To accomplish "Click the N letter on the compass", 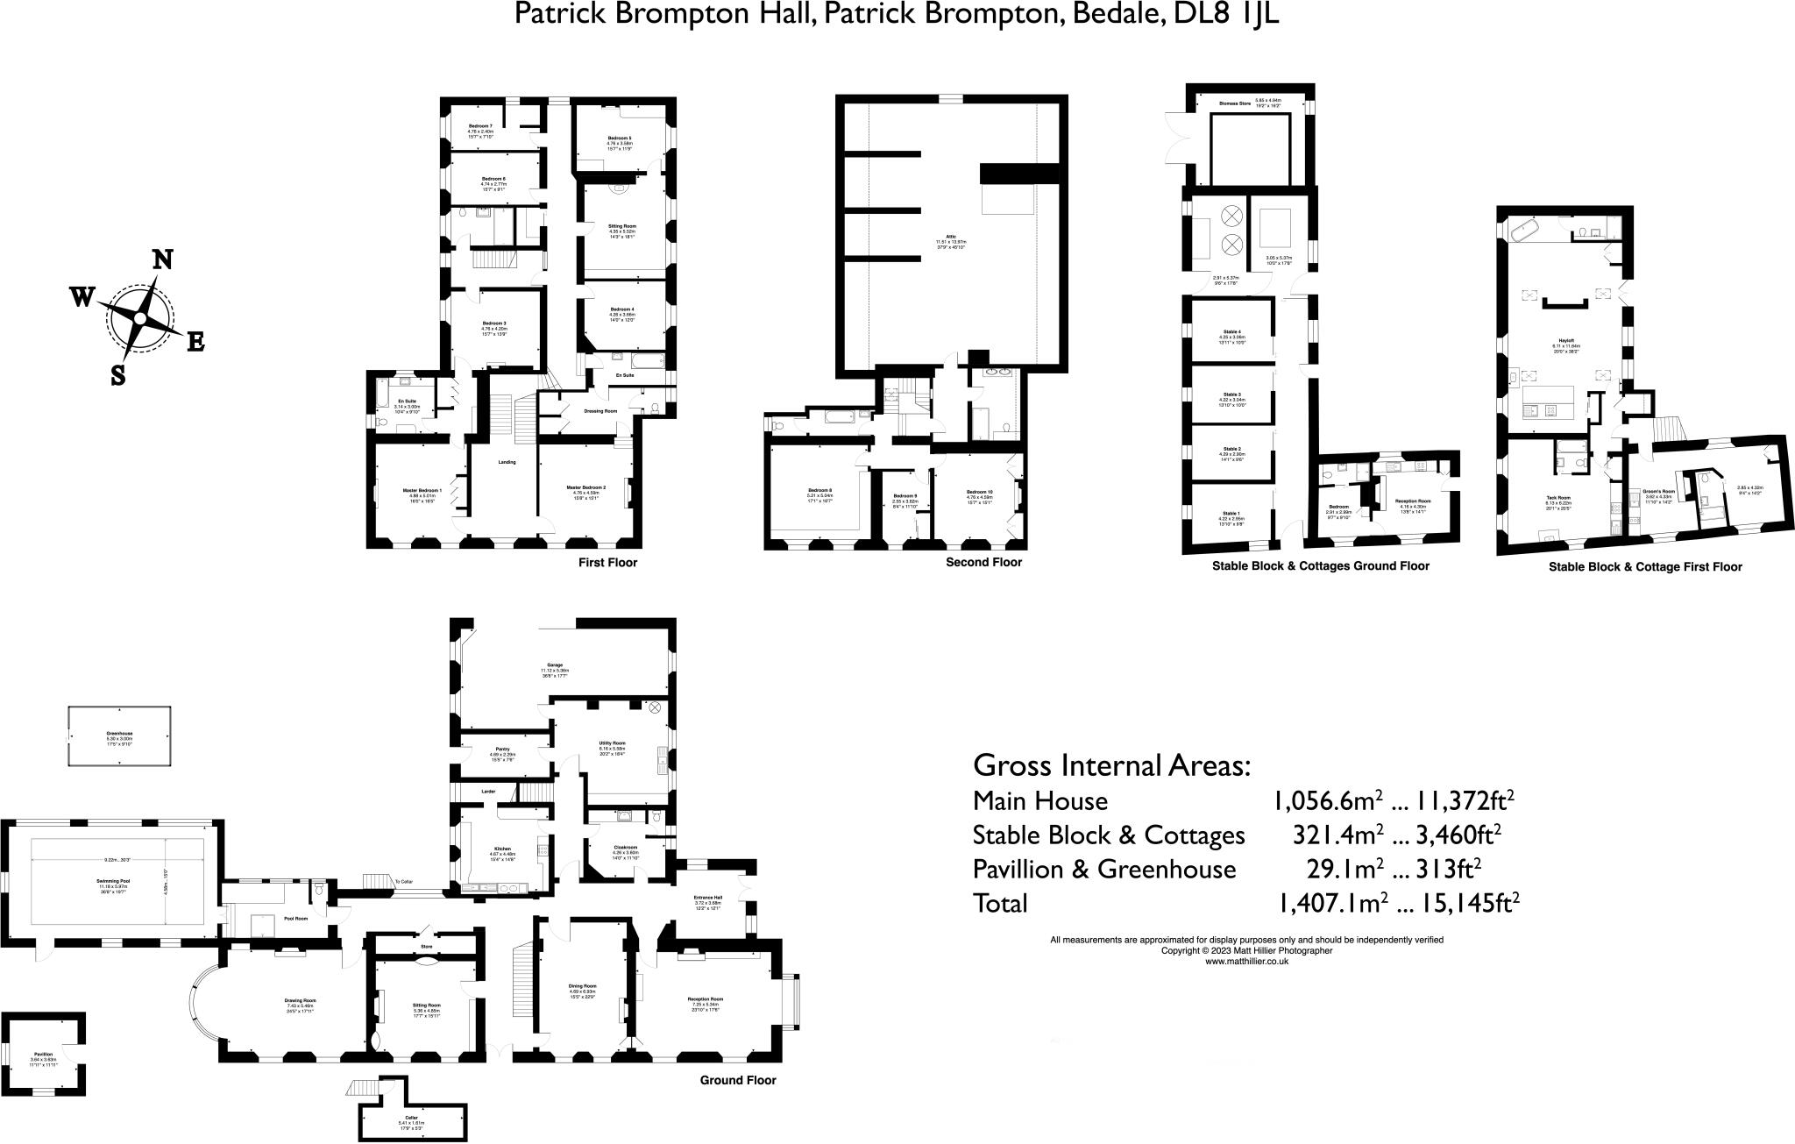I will pos(162,260).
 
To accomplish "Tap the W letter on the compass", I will pos(82,298).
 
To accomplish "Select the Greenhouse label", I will pos(119,733).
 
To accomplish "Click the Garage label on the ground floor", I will pos(555,665).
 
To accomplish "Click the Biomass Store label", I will pos(1234,102).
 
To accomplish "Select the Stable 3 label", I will pos(1231,394).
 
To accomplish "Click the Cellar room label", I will pos(411,1117).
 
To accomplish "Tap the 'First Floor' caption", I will pos(607,563).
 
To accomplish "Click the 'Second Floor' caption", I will pos(983,563).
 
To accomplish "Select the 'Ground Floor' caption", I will pos(737,1081).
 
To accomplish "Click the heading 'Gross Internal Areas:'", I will pos(1111,765).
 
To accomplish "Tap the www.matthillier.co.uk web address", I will pos(1246,961).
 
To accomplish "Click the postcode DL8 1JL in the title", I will pos(1223,14).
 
